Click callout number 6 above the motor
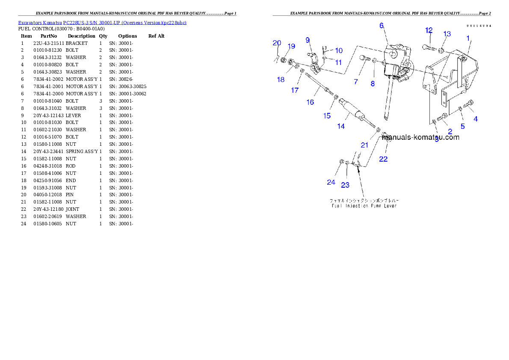(382, 26)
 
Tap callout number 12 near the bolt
(429, 30)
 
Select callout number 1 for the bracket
(468, 38)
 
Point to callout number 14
(341, 127)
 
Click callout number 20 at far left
(277, 43)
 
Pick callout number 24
(331, 183)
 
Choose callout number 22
(383, 159)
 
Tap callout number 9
(308, 40)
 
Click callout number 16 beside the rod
(310, 102)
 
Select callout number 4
(476, 119)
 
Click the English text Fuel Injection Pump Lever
(364, 206)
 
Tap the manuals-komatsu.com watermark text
(421, 137)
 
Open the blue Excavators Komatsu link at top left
(102, 22)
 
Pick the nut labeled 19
(284, 59)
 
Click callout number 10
(339, 50)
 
